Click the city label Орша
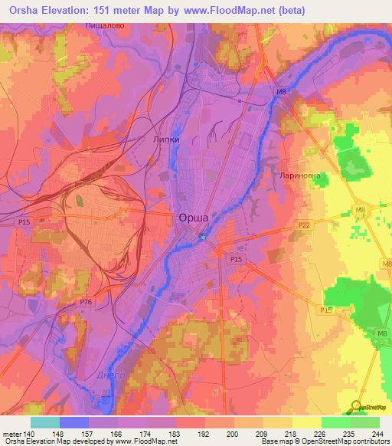coord(194,218)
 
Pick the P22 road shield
coord(304,225)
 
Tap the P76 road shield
coord(87,303)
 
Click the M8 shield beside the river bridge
coord(281,93)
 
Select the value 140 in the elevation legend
coord(30,433)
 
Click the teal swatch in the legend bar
coord(44,422)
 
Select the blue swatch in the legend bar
coord(73,422)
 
